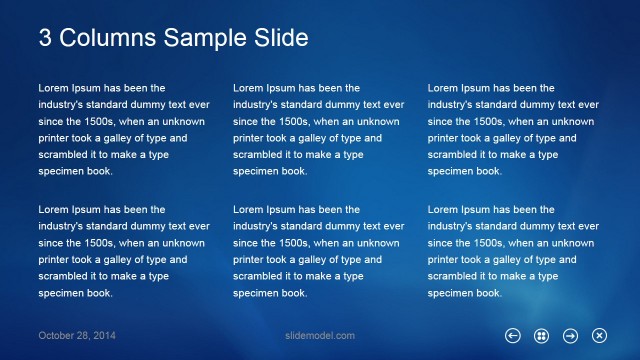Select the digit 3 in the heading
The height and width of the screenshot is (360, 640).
pyautogui.click(x=46, y=38)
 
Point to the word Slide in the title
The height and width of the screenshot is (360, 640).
pyautogui.click(x=279, y=38)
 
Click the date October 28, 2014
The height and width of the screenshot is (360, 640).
pyautogui.click(x=77, y=335)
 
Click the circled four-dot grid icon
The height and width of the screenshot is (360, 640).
pyautogui.click(x=541, y=335)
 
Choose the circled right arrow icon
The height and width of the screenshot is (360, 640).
pyautogui.click(x=570, y=335)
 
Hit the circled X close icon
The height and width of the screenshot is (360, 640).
pyautogui.click(x=599, y=335)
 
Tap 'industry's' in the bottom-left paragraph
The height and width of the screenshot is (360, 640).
pyautogui.click(x=61, y=227)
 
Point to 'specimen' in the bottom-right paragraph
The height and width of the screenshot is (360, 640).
pyautogui.click(x=449, y=293)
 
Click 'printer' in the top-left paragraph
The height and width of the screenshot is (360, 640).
pyautogui.click(x=54, y=138)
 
